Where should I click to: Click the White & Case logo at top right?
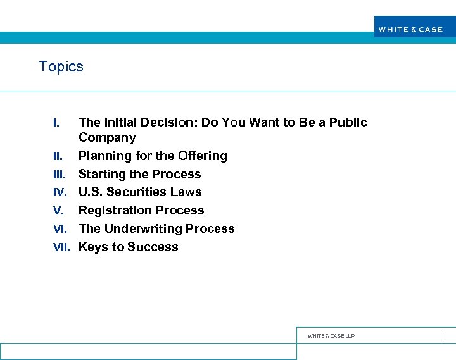(x=410, y=29)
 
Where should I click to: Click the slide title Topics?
(x=61, y=66)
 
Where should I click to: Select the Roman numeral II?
(x=58, y=156)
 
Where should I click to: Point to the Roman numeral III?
(x=60, y=175)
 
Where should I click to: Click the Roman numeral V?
(x=58, y=211)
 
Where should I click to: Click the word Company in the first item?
(x=107, y=138)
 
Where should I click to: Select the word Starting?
(x=101, y=174)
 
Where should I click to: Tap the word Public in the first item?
(x=348, y=122)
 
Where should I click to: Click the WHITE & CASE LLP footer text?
(x=331, y=336)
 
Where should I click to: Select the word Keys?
(x=92, y=247)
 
